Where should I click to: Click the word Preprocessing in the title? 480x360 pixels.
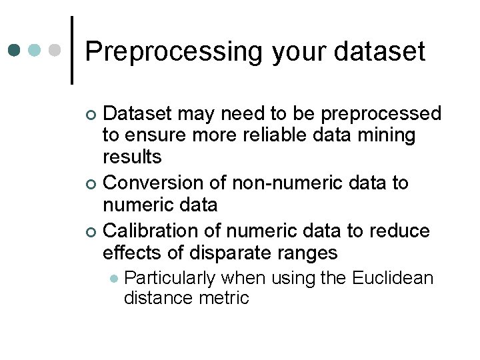pyautogui.click(x=175, y=51)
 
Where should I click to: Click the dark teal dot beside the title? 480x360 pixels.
pyautogui.click(x=15, y=51)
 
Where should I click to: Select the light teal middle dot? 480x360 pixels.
pyautogui.click(x=35, y=51)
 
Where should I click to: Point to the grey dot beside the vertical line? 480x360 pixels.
pyautogui.click(x=55, y=51)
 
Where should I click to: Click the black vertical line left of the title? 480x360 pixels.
pyautogui.click(x=72, y=50)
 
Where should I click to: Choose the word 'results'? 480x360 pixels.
pyautogui.click(x=132, y=158)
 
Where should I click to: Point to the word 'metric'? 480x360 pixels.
pyautogui.click(x=224, y=298)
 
